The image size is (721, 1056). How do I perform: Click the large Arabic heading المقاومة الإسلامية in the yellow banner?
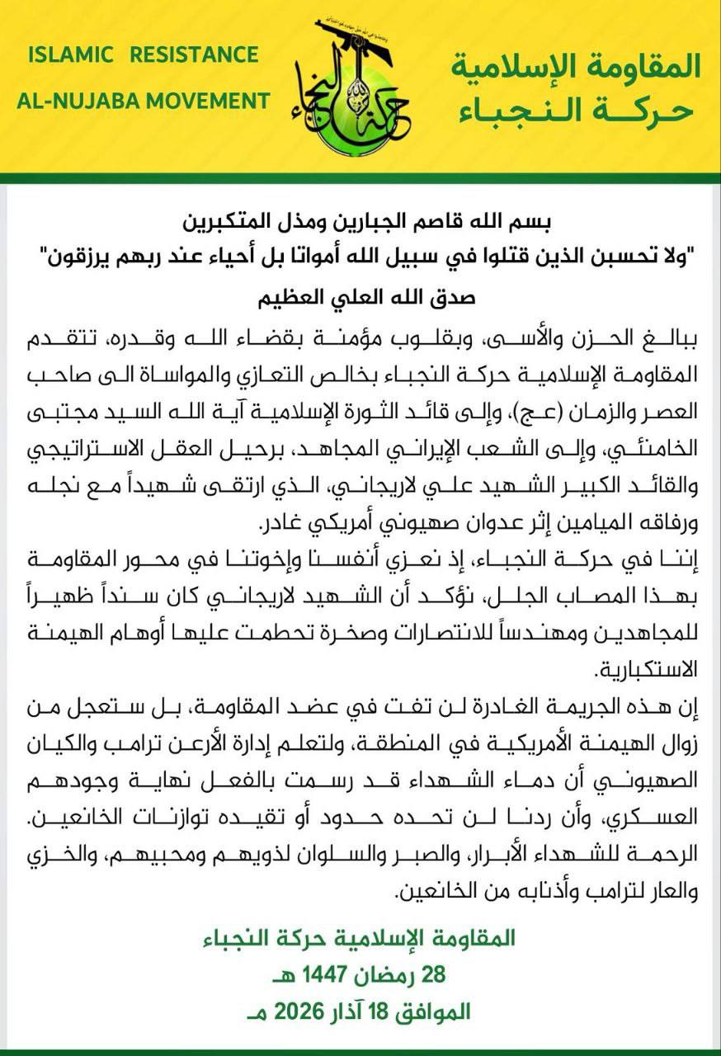point(577,66)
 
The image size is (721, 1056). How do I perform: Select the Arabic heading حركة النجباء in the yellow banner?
point(577,110)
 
